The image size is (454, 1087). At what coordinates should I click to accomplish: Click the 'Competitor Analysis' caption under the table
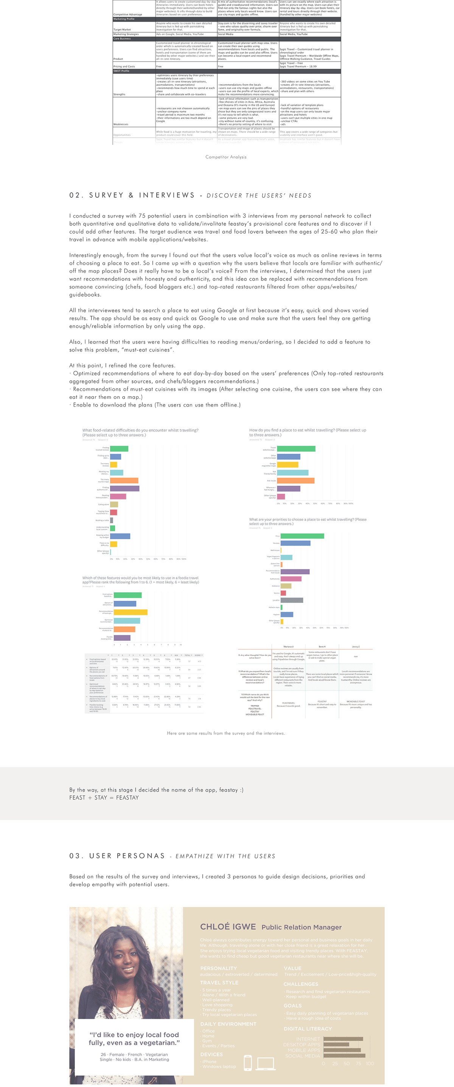point(226,157)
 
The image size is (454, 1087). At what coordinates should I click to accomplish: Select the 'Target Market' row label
point(122,29)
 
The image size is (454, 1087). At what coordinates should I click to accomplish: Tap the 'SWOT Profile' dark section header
point(121,71)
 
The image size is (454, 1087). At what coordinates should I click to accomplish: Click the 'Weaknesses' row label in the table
point(121,124)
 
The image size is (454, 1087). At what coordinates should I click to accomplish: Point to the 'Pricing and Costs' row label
point(124,66)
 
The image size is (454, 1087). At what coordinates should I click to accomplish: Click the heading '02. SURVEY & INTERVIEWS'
point(132,195)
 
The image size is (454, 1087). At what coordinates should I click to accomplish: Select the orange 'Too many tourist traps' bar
point(124,480)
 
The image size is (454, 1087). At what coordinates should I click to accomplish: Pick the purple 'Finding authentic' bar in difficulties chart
point(124,488)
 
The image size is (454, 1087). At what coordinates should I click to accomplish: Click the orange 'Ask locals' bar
point(295,480)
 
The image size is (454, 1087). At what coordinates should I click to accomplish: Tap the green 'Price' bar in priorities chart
point(302,536)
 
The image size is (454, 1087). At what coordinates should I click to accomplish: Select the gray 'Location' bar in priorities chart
point(292,600)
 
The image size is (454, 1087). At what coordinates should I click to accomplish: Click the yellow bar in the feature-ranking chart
point(131,612)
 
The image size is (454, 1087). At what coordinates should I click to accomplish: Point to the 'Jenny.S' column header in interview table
point(356,647)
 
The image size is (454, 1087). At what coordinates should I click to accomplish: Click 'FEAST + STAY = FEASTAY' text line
point(104,797)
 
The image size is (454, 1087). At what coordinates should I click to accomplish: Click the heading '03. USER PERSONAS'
point(117,855)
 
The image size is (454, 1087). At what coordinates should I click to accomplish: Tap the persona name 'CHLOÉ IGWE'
point(228,926)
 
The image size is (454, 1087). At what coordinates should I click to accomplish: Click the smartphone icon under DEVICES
point(248,1062)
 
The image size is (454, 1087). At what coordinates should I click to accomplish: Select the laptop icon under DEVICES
point(266,1063)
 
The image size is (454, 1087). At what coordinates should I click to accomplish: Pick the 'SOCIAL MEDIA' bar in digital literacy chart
point(344,1055)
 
